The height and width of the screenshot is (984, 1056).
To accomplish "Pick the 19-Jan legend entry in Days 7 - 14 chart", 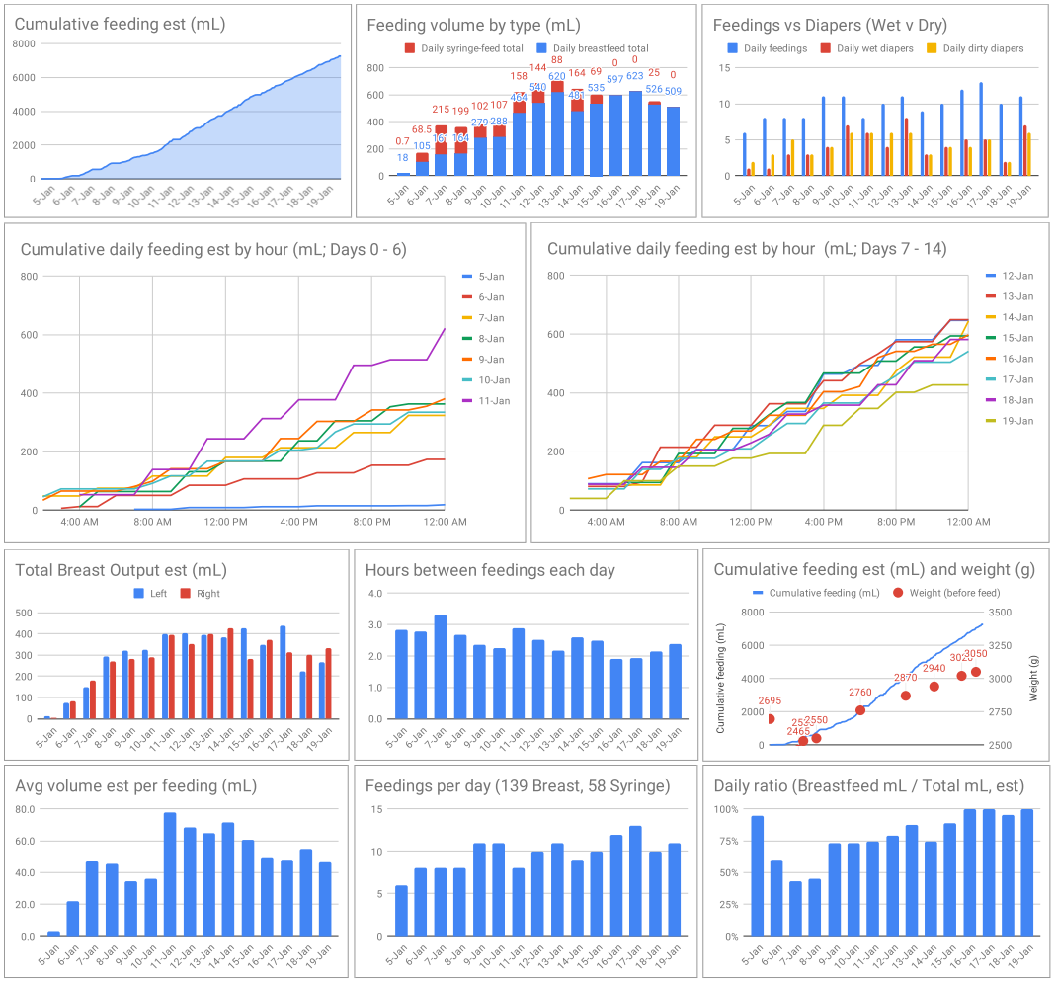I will click(x=1015, y=421).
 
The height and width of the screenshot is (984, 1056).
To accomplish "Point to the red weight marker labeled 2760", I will click(x=860, y=710).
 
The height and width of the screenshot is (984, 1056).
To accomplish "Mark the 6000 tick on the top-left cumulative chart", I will click(x=24, y=77).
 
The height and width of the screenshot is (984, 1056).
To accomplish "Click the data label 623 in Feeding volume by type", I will click(x=635, y=76).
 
